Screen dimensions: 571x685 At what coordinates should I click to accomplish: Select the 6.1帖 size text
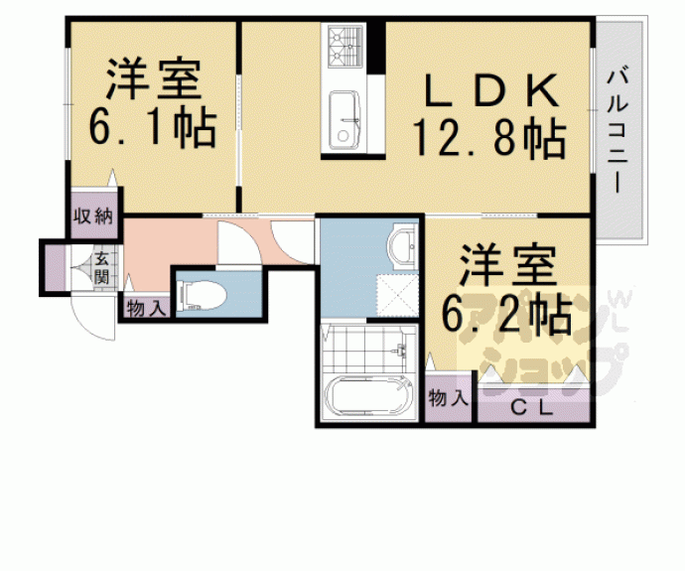[152, 128]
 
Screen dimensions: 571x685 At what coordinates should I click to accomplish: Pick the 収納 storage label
[95, 214]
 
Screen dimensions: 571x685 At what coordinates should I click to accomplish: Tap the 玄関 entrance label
[101, 267]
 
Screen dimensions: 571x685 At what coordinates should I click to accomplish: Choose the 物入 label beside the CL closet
[449, 398]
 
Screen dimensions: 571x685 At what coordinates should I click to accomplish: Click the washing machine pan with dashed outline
[395, 295]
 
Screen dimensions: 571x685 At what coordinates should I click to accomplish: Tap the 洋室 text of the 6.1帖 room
[154, 78]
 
